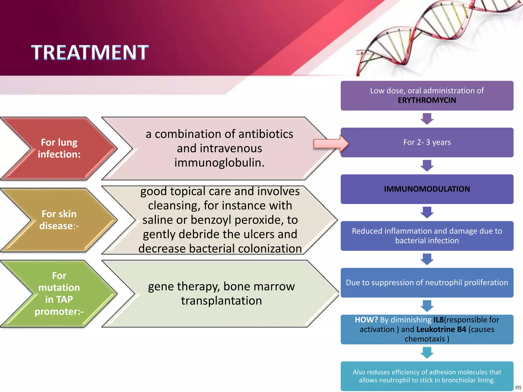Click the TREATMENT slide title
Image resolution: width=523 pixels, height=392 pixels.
pos(90,52)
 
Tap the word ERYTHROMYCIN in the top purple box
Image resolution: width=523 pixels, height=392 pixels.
pos(427,100)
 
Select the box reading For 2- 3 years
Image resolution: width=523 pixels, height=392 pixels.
pos(427,142)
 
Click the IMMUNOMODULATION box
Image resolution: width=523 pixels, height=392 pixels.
pos(427,189)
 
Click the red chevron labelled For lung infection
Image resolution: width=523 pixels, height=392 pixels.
pos(59,148)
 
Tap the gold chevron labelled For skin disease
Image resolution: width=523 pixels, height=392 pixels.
pos(59,220)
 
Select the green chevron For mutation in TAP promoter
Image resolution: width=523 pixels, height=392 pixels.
pos(59,293)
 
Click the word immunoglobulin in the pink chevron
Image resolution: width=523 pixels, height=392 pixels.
pos(219,163)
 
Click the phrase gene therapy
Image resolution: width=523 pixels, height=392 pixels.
pos(184,286)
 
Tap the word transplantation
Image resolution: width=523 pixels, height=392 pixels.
pos(221,301)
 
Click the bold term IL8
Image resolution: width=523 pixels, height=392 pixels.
pos(438,320)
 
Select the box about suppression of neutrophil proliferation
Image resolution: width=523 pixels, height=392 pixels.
pos(427,283)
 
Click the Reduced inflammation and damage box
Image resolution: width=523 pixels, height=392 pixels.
pos(427,236)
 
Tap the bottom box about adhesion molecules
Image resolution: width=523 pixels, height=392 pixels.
pos(427,376)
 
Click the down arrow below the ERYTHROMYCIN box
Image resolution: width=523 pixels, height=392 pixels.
pos(427,119)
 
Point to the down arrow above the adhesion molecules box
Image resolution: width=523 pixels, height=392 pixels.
pos(427,353)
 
